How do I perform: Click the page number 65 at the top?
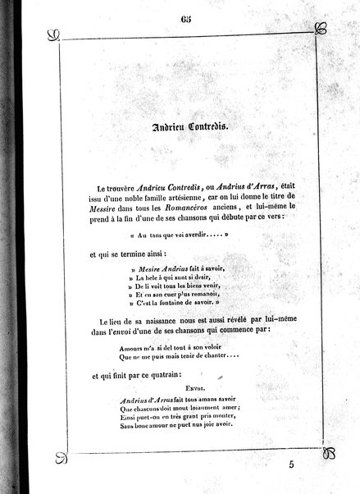coord(180,11)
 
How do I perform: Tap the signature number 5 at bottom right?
coord(313,464)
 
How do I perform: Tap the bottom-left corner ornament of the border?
coord(58,452)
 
